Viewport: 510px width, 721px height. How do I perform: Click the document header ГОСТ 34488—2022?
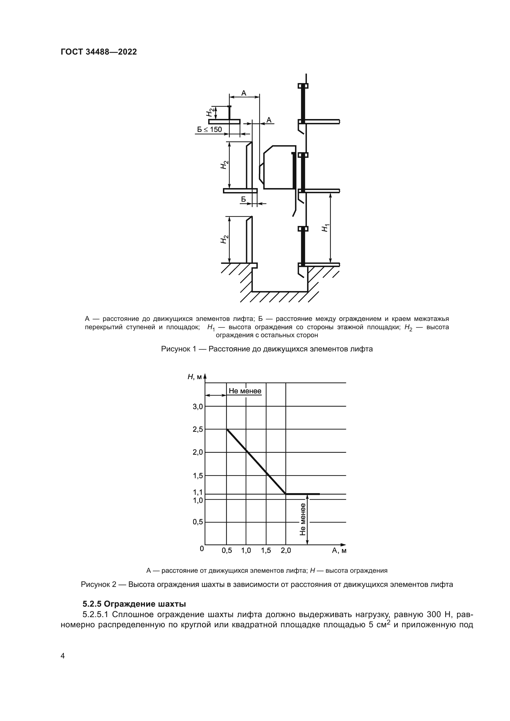point(99,52)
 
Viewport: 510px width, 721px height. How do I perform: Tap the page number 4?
point(63,656)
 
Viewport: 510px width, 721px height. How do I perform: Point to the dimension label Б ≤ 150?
point(209,130)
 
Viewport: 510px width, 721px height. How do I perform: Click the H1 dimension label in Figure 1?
point(325,228)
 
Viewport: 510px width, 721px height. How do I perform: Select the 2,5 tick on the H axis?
point(198,429)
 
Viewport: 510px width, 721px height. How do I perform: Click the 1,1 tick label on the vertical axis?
point(198,492)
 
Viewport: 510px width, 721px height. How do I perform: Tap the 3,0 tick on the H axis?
point(198,407)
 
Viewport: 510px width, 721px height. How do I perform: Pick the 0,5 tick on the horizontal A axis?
point(227,551)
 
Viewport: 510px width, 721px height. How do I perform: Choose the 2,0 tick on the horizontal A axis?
point(286,551)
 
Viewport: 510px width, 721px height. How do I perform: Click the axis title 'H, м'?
point(195,377)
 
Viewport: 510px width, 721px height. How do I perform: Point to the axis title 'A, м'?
point(339,551)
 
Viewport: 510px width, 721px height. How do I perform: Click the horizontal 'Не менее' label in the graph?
point(245,391)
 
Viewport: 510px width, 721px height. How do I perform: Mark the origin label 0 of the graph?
point(202,549)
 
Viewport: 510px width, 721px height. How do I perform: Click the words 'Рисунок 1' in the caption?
point(178,349)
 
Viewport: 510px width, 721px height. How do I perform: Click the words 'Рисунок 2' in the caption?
point(98,584)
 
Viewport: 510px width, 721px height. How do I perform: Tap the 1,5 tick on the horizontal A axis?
point(266,551)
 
